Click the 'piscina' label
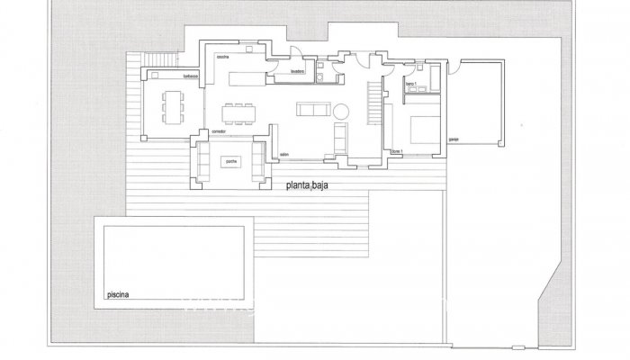tap(116, 294)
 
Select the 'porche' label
tap(230, 161)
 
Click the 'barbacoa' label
tap(191, 76)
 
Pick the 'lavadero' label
tap(299, 69)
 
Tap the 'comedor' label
tap(217, 131)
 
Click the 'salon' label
tap(283, 154)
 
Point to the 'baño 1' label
tap(410, 84)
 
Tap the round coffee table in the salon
tap(343, 111)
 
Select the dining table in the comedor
tap(240, 112)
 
